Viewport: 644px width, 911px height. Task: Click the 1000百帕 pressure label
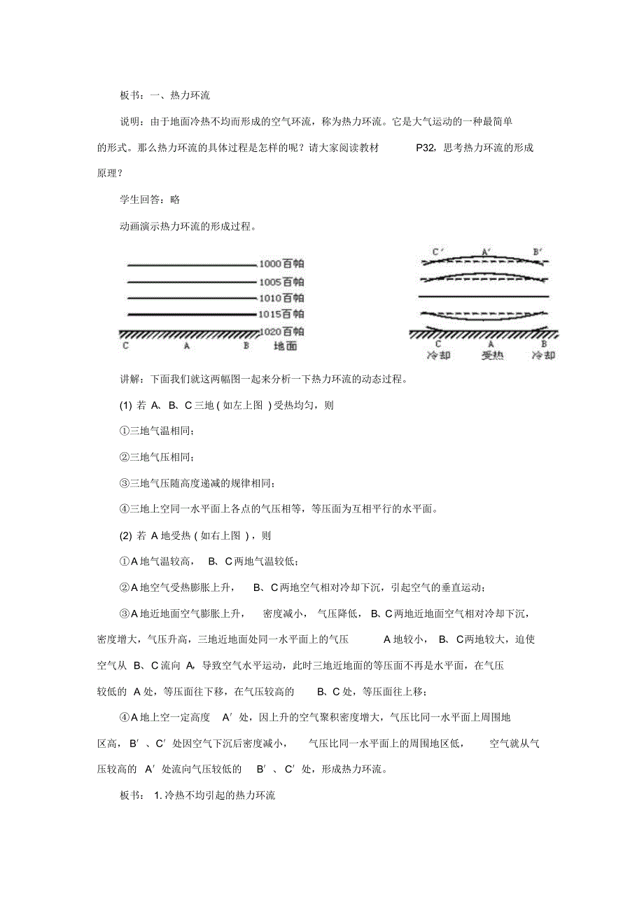coord(281,265)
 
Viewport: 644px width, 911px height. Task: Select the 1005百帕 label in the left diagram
coord(281,281)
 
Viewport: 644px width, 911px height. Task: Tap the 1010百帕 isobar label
coord(281,298)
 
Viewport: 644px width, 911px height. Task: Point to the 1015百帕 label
coord(281,314)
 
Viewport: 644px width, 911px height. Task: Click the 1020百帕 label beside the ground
coord(281,331)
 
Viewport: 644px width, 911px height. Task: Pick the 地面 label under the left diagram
coord(285,346)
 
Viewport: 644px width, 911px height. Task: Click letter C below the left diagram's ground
coord(125,346)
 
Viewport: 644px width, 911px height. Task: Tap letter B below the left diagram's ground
coord(246,346)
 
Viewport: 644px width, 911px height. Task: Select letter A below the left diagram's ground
coord(186,346)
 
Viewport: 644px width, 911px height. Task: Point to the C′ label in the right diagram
coord(438,251)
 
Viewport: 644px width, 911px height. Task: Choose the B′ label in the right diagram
coord(538,251)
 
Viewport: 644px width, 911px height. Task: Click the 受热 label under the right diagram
coord(491,355)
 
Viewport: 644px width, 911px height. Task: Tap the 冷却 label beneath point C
coord(439,355)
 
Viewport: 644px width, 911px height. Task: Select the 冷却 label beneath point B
coord(543,355)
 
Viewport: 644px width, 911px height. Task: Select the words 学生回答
coord(139,200)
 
